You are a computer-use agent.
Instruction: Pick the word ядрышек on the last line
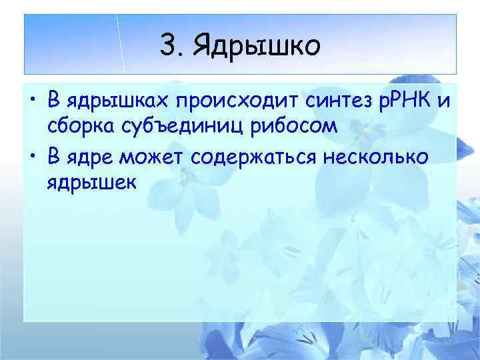tap(91, 181)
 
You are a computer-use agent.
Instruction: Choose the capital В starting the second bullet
tap(53, 157)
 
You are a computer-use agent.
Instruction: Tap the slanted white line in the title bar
tap(121, 43)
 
